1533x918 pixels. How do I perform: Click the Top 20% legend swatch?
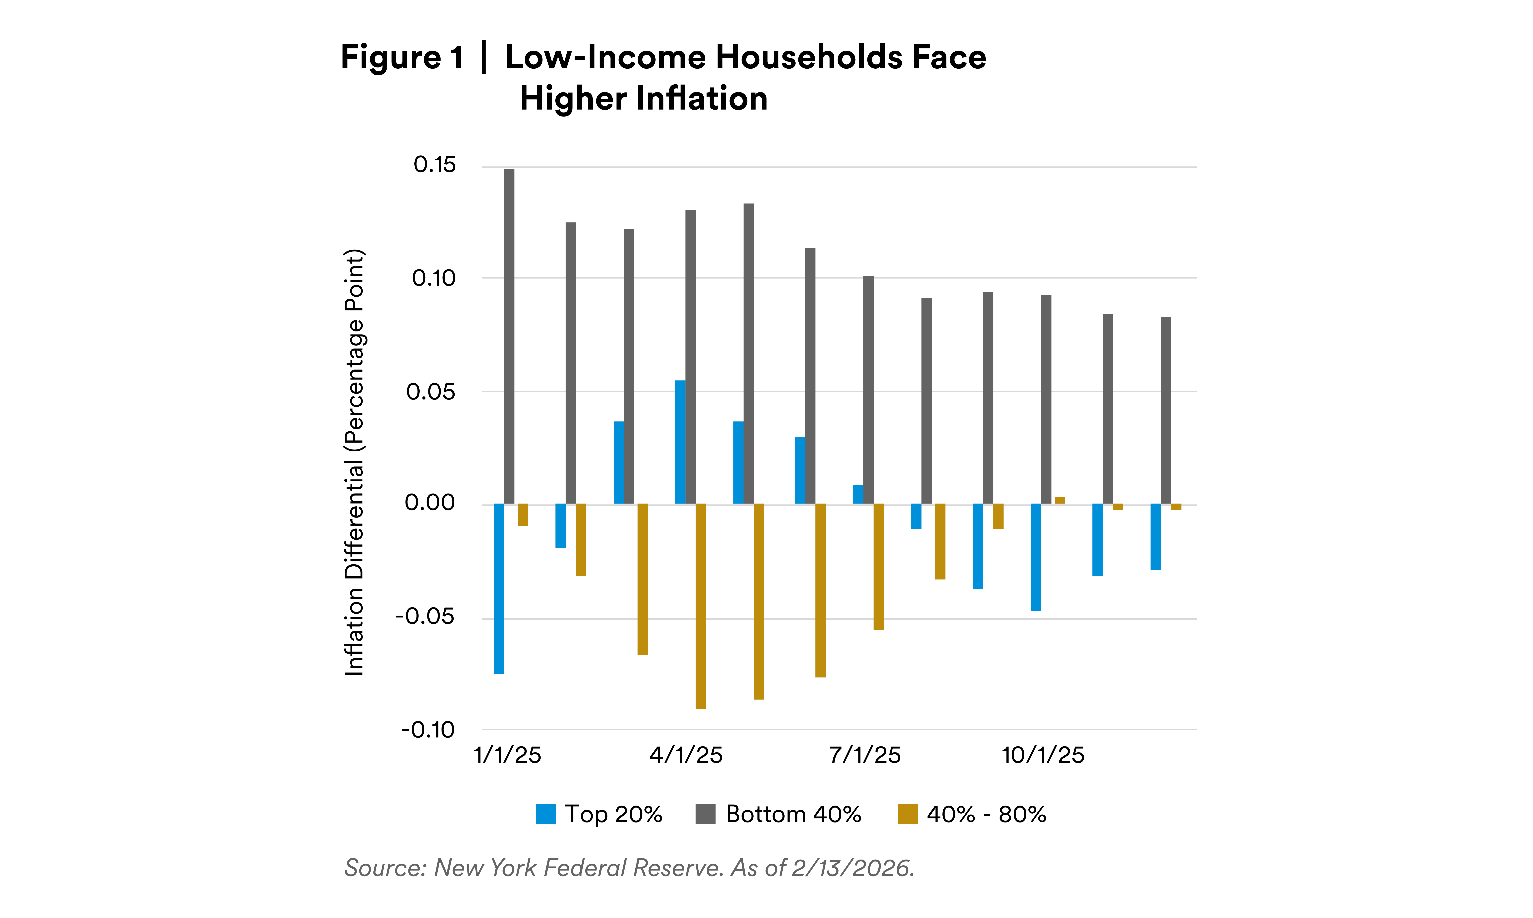pyautogui.click(x=546, y=813)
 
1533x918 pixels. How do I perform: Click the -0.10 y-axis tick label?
pyautogui.click(x=428, y=730)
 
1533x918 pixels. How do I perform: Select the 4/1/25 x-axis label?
pyautogui.click(x=686, y=755)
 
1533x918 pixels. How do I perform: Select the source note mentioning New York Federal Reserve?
pyautogui.click(x=629, y=868)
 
